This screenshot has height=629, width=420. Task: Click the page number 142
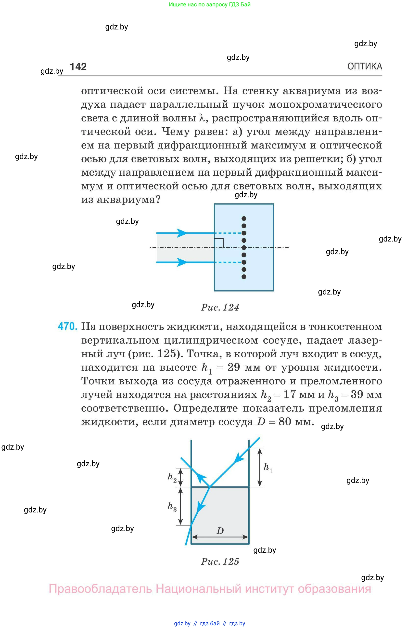tap(78, 67)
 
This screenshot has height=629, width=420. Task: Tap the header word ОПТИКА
tap(364, 66)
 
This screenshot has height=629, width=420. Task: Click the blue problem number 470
tap(67, 326)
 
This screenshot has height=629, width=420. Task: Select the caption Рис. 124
tap(220, 307)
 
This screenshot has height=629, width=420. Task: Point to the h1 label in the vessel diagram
tap(268, 467)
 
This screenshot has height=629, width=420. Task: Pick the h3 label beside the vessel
tap(172, 507)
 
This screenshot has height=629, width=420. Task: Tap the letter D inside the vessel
tap(220, 531)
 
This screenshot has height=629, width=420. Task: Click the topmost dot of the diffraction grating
tap(244, 218)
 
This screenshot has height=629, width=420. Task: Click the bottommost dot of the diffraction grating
tap(244, 277)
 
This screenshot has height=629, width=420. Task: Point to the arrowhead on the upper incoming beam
tap(182, 233)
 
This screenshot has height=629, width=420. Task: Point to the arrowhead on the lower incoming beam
tap(182, 262)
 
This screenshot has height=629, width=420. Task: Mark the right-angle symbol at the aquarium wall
tap(220, 242)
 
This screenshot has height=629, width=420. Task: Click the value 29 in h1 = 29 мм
tap(234, 367)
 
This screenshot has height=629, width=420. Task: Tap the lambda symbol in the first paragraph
tap(202, 118)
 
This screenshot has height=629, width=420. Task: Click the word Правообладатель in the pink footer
tap(100, 589)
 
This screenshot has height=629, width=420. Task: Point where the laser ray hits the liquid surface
tap(209, 487)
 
